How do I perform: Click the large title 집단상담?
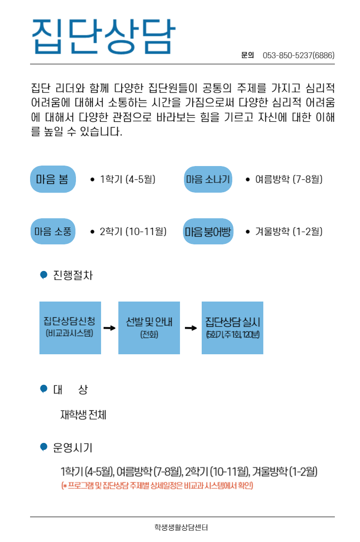point(103,36)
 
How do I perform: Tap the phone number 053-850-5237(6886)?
point(298,55)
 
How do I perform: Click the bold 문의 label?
point(248,55)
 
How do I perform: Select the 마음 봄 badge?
point(53,179)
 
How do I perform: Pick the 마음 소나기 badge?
point(208,179)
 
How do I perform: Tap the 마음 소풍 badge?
point(53,231)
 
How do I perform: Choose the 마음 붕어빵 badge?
point(208,231)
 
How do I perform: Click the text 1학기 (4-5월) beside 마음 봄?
point(128,179)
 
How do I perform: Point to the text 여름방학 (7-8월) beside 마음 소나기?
point(288,179)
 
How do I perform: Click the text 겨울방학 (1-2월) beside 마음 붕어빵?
point(288,231)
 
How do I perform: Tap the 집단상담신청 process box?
point(70,328)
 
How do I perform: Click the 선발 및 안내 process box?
point(149,328)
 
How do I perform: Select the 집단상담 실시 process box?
point(232,328)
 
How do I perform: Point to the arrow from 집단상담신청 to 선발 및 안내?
point(109,328)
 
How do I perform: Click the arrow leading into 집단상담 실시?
point(190,328)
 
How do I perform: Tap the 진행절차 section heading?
point(72,275)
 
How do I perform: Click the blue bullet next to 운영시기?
point(43,447)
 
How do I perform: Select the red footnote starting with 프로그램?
point(157,486)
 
